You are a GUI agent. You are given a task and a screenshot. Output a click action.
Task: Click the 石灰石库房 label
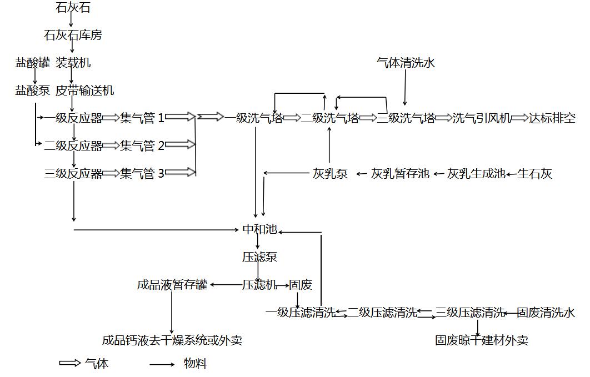(73, 36)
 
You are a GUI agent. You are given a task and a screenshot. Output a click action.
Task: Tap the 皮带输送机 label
(85, 91)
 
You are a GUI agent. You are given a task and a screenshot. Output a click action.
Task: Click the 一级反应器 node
(73, 118)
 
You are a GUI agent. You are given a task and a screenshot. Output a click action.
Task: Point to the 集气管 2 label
(142, 146)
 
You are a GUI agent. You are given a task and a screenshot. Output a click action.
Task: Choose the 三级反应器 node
(73, 174)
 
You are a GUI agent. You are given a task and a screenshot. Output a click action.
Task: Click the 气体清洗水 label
(406, 63)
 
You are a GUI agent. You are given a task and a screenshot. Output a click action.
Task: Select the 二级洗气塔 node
(330, 118)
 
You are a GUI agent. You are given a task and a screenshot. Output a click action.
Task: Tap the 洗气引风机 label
(482, 118)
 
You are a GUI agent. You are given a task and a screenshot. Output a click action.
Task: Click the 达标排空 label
(552, 118)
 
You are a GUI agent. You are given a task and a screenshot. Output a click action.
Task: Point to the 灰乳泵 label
(330, 174)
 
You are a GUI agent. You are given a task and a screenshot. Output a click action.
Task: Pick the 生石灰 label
(535, 174)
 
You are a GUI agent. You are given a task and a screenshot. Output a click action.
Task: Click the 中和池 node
(259, 229)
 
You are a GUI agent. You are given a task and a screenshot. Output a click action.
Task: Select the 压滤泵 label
(259, 257)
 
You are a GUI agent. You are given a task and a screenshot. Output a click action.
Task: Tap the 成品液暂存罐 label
(172, 285)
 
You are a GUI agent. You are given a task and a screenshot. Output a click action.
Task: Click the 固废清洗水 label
(546, 313)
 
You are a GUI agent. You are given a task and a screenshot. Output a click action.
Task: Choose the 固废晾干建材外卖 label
(482, 340)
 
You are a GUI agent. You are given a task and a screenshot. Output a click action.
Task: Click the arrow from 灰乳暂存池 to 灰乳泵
(362, 174)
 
